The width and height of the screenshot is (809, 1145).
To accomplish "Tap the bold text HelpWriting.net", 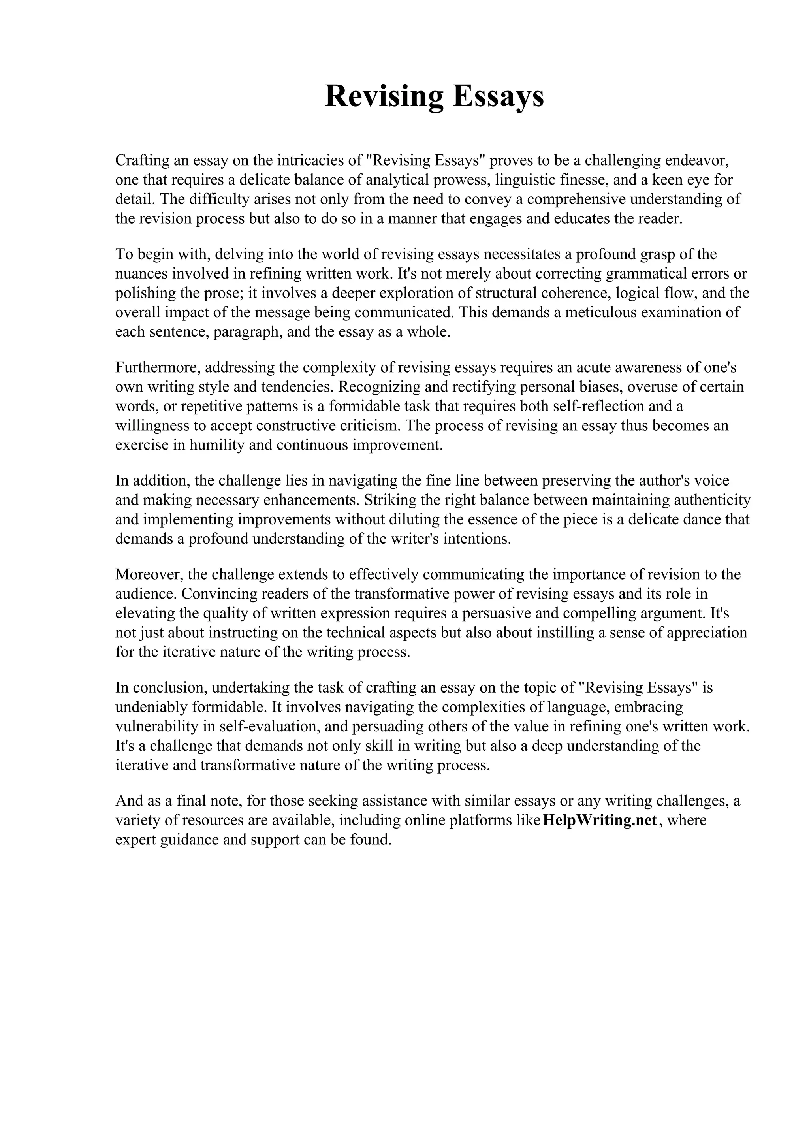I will pos(600,820).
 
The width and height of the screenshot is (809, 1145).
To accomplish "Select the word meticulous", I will pos(617,313).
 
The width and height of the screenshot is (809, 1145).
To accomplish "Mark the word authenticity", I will pos(712,500).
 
